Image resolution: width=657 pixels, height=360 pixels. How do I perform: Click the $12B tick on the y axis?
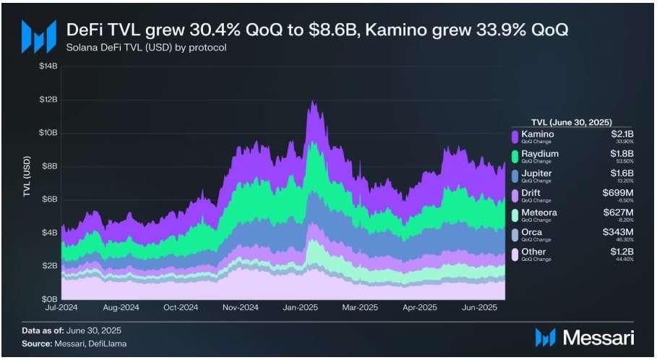pos(48,99)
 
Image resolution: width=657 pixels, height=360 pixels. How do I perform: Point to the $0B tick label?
pos(48,299)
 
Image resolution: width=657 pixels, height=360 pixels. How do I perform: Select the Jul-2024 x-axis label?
pos(61,307)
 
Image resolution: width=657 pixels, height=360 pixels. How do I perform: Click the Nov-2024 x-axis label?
pos(240,307)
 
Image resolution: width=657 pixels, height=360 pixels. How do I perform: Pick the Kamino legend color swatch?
pos(515,137)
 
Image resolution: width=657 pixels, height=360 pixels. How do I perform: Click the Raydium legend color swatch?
pos(515,157)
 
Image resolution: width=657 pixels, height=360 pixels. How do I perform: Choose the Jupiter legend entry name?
pos(536,173)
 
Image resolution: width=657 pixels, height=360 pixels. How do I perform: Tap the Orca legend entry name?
pos(531,233)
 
